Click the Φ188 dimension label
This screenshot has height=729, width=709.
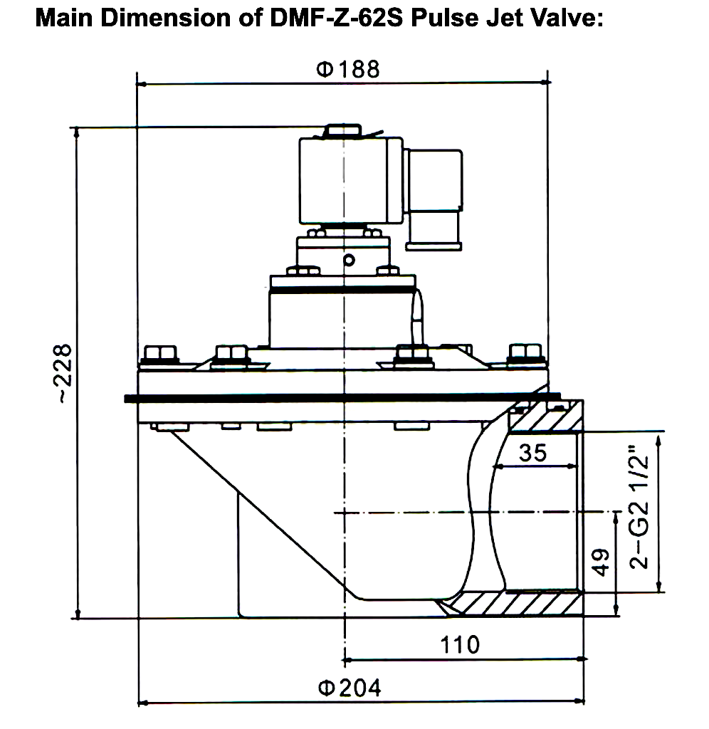(x=348, y=70)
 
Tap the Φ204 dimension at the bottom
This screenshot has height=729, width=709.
(x=348, y=688)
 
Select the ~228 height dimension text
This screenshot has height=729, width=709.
(x=64, y=374)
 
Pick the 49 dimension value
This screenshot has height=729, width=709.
(x=599, y=563)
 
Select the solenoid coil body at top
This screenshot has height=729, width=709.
(x=349, y=179)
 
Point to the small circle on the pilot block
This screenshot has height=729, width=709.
(x=348, y=261)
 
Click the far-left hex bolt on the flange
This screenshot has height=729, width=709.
(x=158, y=355)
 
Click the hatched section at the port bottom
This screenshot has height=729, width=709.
(x=513, y=604)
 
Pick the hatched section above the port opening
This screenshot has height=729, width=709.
(x=545, y=420)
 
